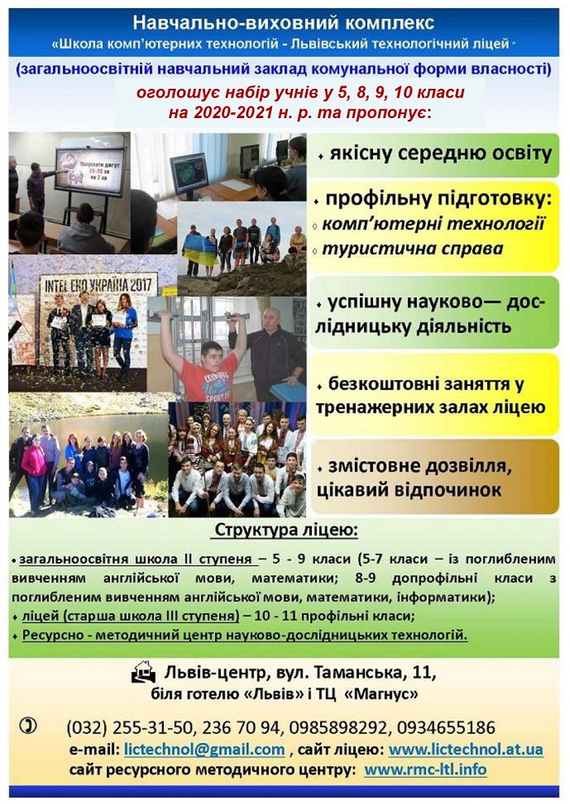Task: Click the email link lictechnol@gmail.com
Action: [204, 749]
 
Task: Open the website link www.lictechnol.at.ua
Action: [466, 749]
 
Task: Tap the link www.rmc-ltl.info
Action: [425, 769]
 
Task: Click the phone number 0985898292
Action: [340, 727]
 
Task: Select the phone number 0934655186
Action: [446, 727]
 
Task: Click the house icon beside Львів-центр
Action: [143, 672]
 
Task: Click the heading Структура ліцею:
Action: [286, 529]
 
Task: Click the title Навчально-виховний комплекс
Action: [283, 23]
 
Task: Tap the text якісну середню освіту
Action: [441, 153]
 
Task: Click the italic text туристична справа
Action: [413, 248]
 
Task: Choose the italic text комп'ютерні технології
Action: [434, 224]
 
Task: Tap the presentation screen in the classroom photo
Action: [90, 173]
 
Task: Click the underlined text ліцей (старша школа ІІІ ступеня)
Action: [131, 616]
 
